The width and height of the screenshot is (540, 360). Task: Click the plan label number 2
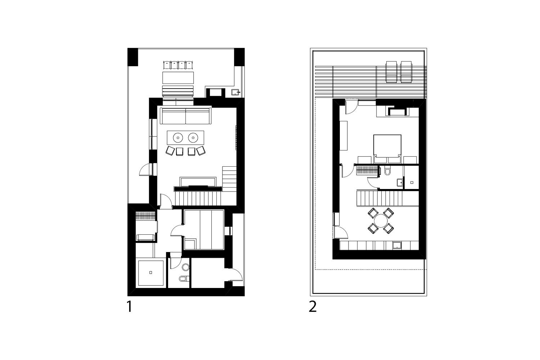312,307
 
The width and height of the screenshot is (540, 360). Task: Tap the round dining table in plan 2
380,220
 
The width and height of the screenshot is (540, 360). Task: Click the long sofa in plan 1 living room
185,116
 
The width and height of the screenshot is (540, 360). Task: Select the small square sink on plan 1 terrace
235,93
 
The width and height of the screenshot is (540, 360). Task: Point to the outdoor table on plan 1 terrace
178,78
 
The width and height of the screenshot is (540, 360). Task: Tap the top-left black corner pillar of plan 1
132,57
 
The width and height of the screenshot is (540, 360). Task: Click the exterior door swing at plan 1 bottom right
236,275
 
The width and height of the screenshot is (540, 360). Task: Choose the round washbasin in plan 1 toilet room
186,267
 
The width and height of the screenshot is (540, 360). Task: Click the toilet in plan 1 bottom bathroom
183,278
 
